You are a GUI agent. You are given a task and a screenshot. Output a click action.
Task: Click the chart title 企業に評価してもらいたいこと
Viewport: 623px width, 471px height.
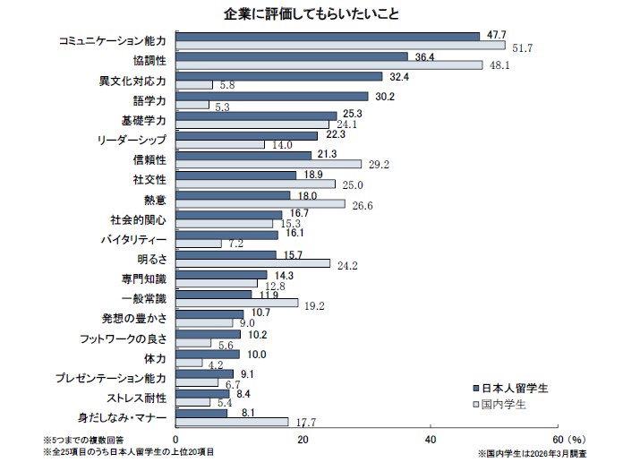311,15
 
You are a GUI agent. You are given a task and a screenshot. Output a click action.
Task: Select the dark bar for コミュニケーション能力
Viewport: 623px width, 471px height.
328,36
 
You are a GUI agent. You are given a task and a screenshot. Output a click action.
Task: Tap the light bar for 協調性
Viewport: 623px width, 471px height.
329,65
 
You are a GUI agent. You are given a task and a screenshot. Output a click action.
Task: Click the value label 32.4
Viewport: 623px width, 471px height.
401,76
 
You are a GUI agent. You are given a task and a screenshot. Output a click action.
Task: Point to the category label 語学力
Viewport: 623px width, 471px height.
149,99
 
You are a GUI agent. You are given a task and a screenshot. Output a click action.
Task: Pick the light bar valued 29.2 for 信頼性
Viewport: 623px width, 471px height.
269,165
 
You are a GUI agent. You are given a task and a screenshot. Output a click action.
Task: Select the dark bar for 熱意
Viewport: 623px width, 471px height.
233,194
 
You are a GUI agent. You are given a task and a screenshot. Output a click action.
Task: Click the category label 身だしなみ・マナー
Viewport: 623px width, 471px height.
126,417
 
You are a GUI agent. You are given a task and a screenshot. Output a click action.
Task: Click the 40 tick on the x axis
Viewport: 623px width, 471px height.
431,440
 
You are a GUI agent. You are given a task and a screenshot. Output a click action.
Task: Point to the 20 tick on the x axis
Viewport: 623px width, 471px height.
303,440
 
